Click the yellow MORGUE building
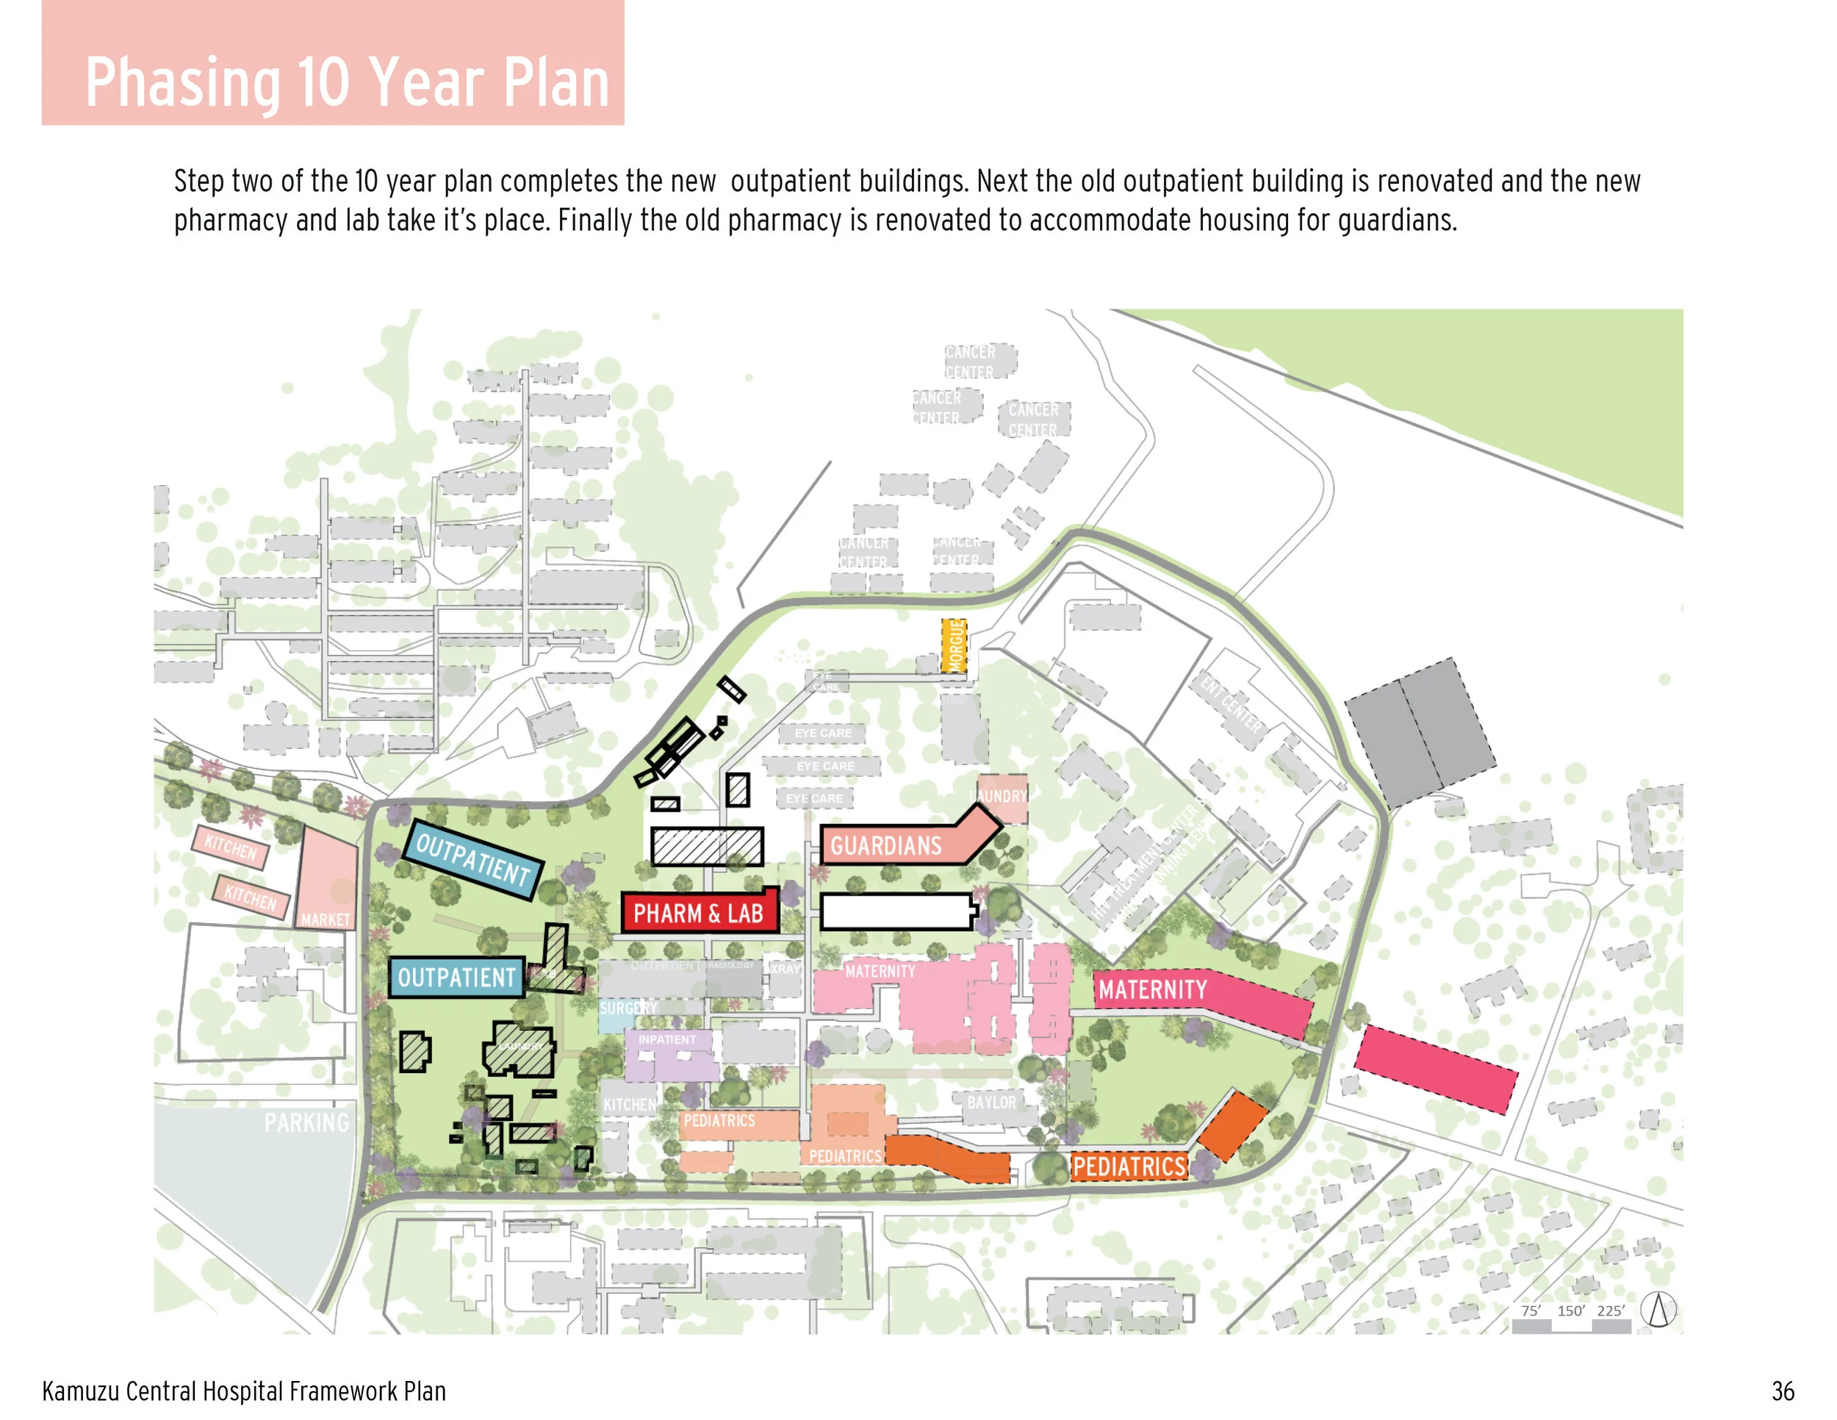pos(954,645)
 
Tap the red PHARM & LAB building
pos(698,913)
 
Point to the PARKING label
pos(306,1122)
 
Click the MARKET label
pos(325,919)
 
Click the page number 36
pos(1783,1391)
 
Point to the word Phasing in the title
pos(182,82)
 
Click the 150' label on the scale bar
pos(1570,1310)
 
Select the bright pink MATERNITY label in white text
pos(1152,990)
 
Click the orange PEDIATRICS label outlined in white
pos(1129,1166)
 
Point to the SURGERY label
pos(628,1008)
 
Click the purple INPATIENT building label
pos(667,1040)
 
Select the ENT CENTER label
pos(1230,705)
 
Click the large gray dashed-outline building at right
pos(1419,732)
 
